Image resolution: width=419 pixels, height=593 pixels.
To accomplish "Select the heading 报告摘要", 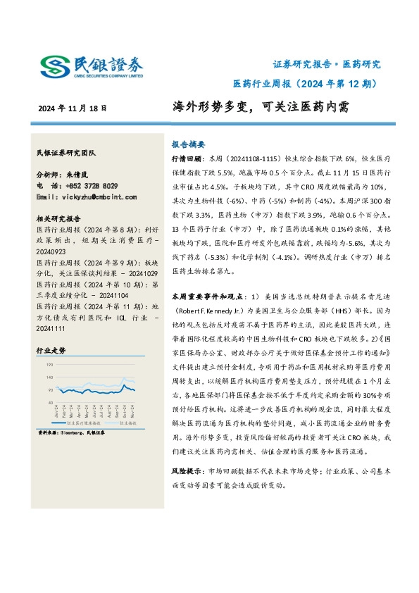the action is pyautogui.click(x=188, y=141).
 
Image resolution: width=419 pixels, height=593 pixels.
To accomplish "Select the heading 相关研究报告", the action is pyautogui.click(x=58, y=218).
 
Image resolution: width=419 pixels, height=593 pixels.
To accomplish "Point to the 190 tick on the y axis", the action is pyautogui.click(x=49, y=366).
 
